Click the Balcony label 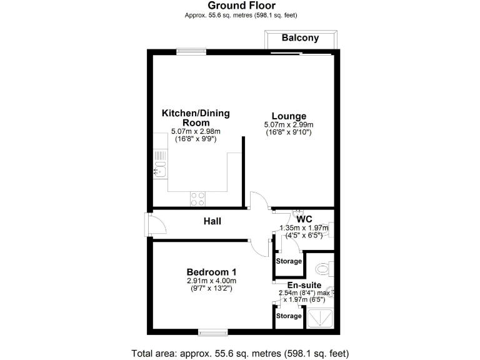300,38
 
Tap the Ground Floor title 240,6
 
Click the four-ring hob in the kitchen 197,198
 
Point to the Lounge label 288,116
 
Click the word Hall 212,221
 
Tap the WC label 304,219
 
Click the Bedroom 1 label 211,272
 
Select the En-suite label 300,284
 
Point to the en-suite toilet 324,269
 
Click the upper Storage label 289,261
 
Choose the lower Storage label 289,316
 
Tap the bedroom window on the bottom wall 212,332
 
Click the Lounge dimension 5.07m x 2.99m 288,125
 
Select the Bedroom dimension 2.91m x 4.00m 211,281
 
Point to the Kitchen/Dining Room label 196,117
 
